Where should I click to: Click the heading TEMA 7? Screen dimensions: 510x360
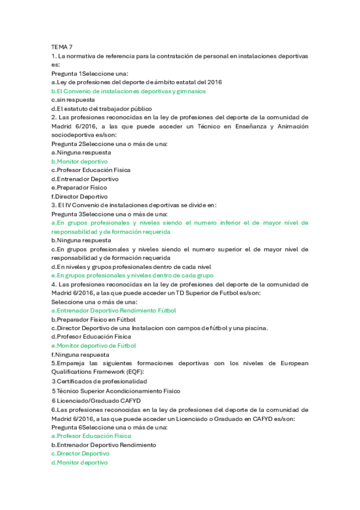62,46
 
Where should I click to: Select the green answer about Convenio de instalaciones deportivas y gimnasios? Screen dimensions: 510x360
129,91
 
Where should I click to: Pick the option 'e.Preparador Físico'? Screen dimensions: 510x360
79,188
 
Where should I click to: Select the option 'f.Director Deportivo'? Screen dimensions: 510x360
80,196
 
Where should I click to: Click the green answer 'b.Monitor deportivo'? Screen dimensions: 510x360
80,161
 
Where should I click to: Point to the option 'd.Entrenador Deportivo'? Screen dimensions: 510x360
85,179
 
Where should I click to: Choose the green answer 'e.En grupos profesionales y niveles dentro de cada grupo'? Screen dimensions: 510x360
133,275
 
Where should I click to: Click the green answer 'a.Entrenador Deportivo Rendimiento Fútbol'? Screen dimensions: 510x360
114,310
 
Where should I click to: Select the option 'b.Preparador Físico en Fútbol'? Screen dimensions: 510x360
94,319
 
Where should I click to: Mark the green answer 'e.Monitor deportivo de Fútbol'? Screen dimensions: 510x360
94,346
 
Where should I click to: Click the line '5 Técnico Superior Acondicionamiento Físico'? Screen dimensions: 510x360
116,390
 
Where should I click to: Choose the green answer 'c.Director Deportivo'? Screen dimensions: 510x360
81,453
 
